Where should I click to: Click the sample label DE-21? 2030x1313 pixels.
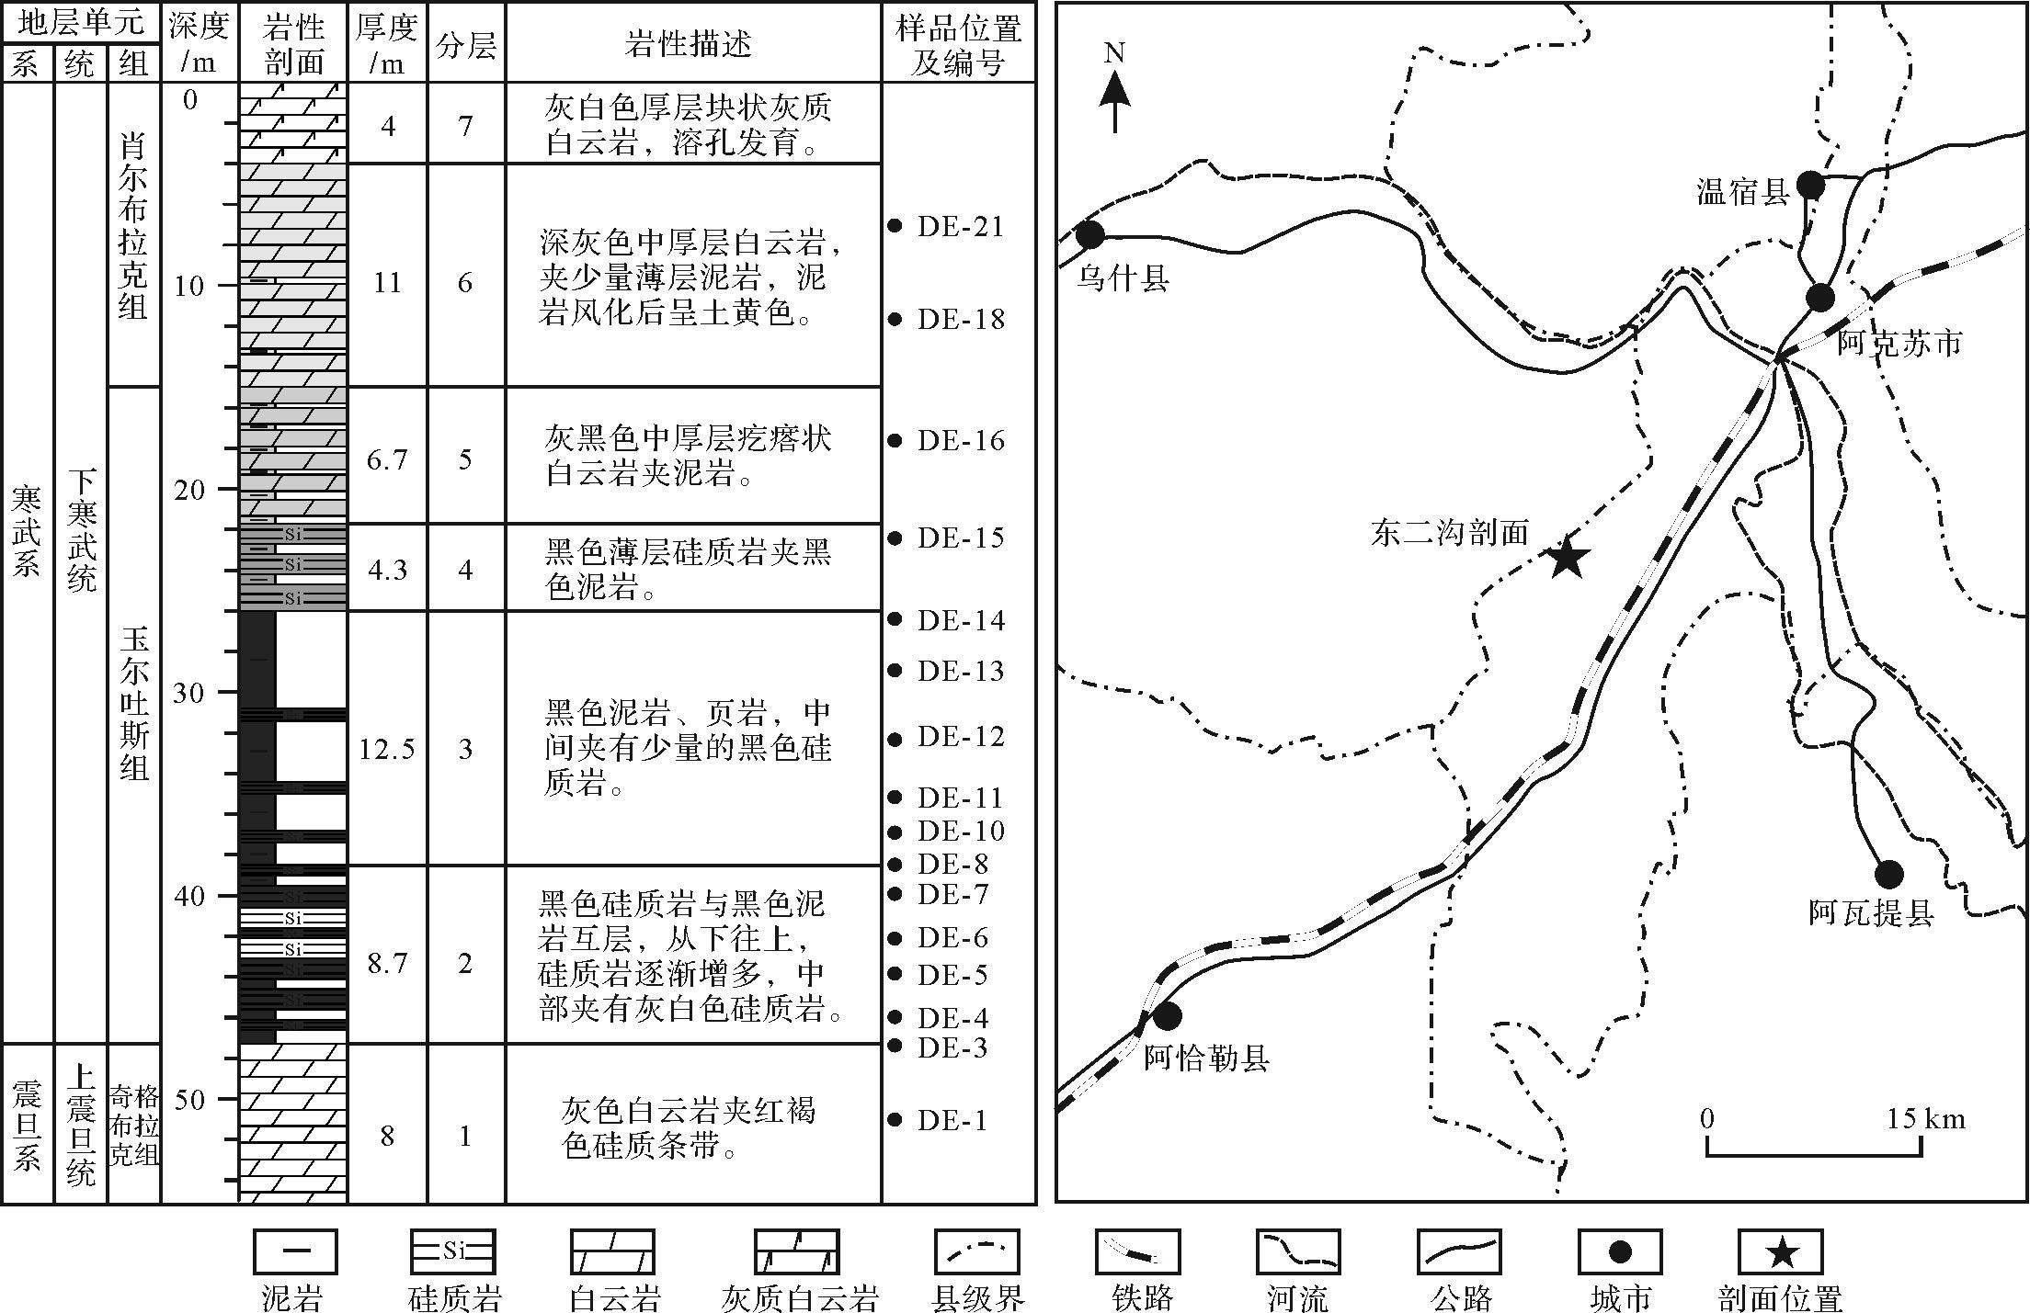tap(960, 227)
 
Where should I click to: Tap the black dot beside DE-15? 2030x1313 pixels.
tap(895, 538)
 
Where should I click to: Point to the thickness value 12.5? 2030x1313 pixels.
tap(387, 749)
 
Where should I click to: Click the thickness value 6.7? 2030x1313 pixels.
tap(387, 458)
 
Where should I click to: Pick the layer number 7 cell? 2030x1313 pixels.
tap(466, 124)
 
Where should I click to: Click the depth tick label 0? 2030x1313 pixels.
tap(190, 99)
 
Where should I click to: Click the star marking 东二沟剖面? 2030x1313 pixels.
tap(1568, 558)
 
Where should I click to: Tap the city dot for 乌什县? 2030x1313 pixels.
tap(1090, 235)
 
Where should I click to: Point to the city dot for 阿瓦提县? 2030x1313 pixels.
tap(1888, 874)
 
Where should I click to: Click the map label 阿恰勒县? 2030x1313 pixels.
tap(1206, 1058)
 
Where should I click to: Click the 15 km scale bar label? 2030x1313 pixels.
tap(1926, 1118)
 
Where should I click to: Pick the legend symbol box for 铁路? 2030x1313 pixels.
tap(1137, 1252)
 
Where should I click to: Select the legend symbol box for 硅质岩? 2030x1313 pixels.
tap(452, 1252)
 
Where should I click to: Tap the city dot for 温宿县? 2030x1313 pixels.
tap(1810, 185)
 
